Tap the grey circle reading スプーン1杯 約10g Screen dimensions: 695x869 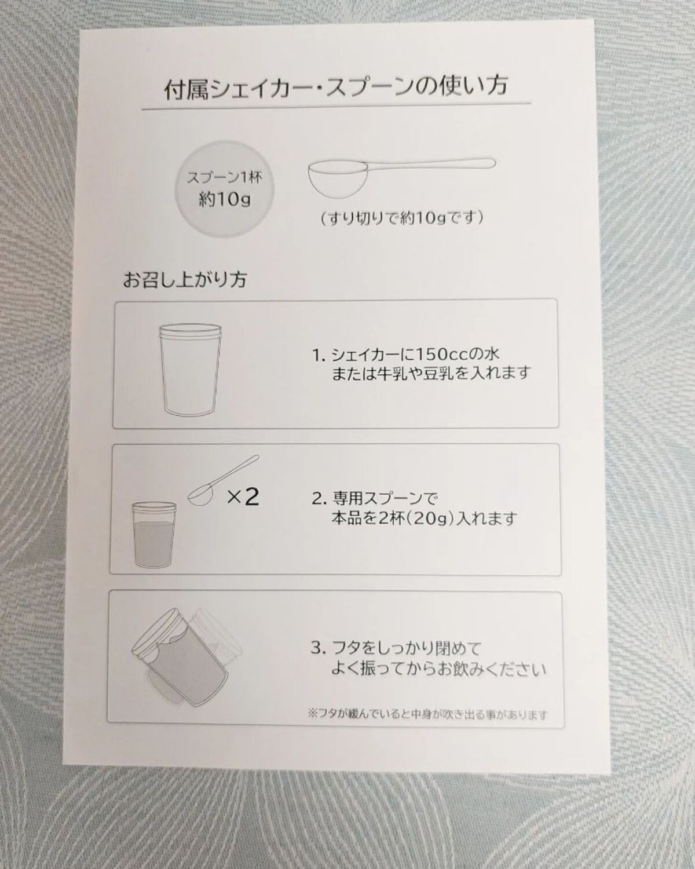[225, 189]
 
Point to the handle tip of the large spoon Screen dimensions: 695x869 [493, 163]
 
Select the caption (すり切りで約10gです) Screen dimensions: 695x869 [401, 218]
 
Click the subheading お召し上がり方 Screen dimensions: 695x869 [185, 280]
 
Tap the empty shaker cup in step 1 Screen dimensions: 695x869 [190, 369]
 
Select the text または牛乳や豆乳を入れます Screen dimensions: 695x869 [430, 373]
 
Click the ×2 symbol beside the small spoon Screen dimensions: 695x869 [243, 496]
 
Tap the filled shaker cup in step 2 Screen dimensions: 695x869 [155, 534]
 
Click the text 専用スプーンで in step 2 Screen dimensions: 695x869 [385, 499]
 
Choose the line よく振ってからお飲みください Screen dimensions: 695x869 [438, 670]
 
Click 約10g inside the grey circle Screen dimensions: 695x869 [225, 199]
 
